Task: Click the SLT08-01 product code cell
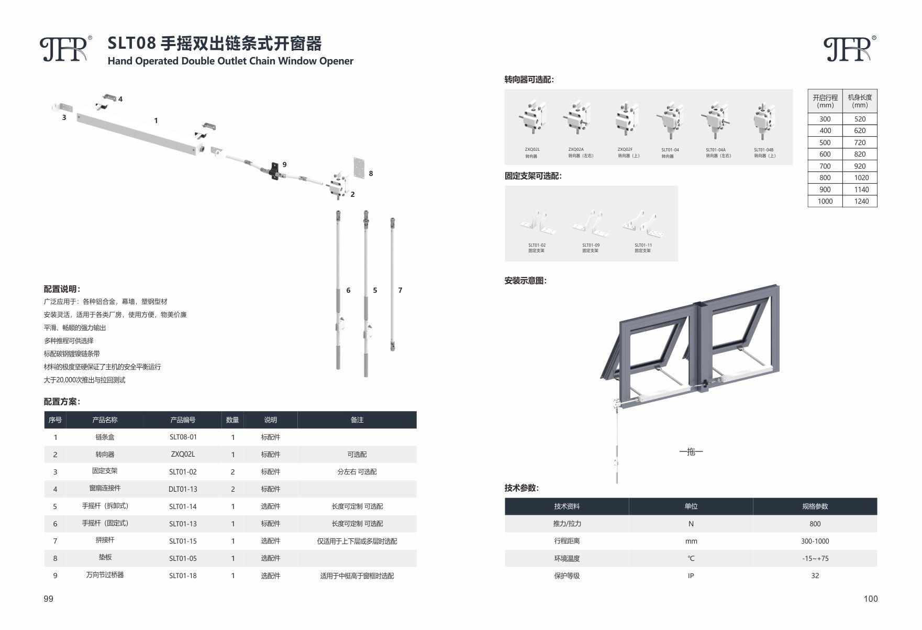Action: [x=183, y=437]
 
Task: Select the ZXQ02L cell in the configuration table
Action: [x=183, y=454]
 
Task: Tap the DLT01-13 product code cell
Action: [x=183, y=489]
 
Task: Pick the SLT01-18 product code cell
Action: [x=183, y=576]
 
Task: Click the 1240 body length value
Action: [x=861, y=201]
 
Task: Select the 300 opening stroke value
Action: [x=825, y=119]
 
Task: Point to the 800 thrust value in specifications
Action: [x=815, y=524]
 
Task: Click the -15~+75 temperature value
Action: [x=815, y=558]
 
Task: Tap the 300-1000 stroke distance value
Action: [x=815, y=541]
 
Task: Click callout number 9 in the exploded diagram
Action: [x=284, y=164]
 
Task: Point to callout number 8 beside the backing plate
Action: [x=371, y=173]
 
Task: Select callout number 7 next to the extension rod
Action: [x=400, y=290]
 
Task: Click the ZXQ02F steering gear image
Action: [x=628, y=119]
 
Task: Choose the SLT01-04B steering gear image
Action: [x=764, y=120]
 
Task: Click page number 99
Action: [x=49, y=599]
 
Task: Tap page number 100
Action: [x=871, y=599]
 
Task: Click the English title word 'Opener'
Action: [x=337, y=61]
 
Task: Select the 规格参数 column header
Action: [x=815, y=506]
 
